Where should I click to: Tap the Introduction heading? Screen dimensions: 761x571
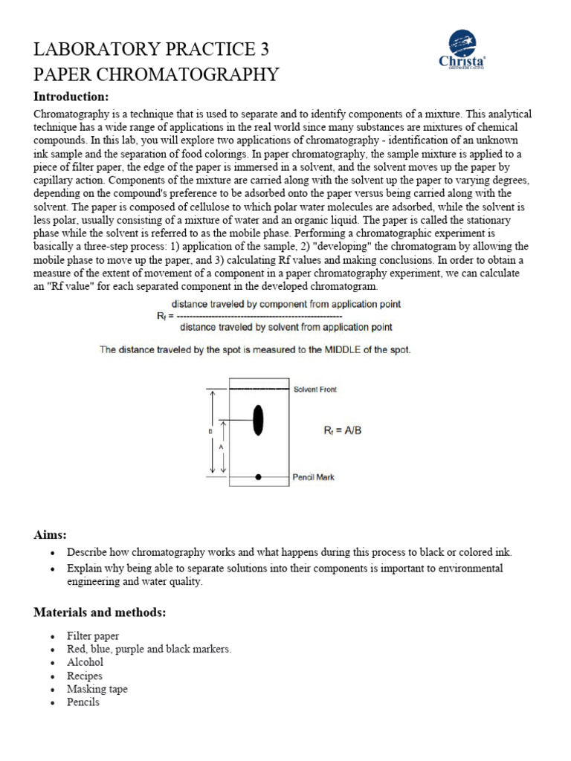71,97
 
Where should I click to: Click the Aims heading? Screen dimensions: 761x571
51,535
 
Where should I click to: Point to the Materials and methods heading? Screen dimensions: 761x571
100,612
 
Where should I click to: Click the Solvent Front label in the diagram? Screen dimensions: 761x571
315,389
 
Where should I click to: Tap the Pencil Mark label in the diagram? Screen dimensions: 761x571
314,477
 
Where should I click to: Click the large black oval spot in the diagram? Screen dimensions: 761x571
258,420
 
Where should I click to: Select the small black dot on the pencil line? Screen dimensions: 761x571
258,476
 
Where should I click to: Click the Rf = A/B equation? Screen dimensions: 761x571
341,430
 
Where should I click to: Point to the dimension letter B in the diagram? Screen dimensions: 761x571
212,430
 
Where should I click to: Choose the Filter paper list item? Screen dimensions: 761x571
92,637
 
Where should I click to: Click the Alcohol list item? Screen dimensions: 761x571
85,662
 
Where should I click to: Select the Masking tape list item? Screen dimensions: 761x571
97,689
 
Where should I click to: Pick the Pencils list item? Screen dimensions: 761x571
83,702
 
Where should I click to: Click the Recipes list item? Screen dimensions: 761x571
84,676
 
